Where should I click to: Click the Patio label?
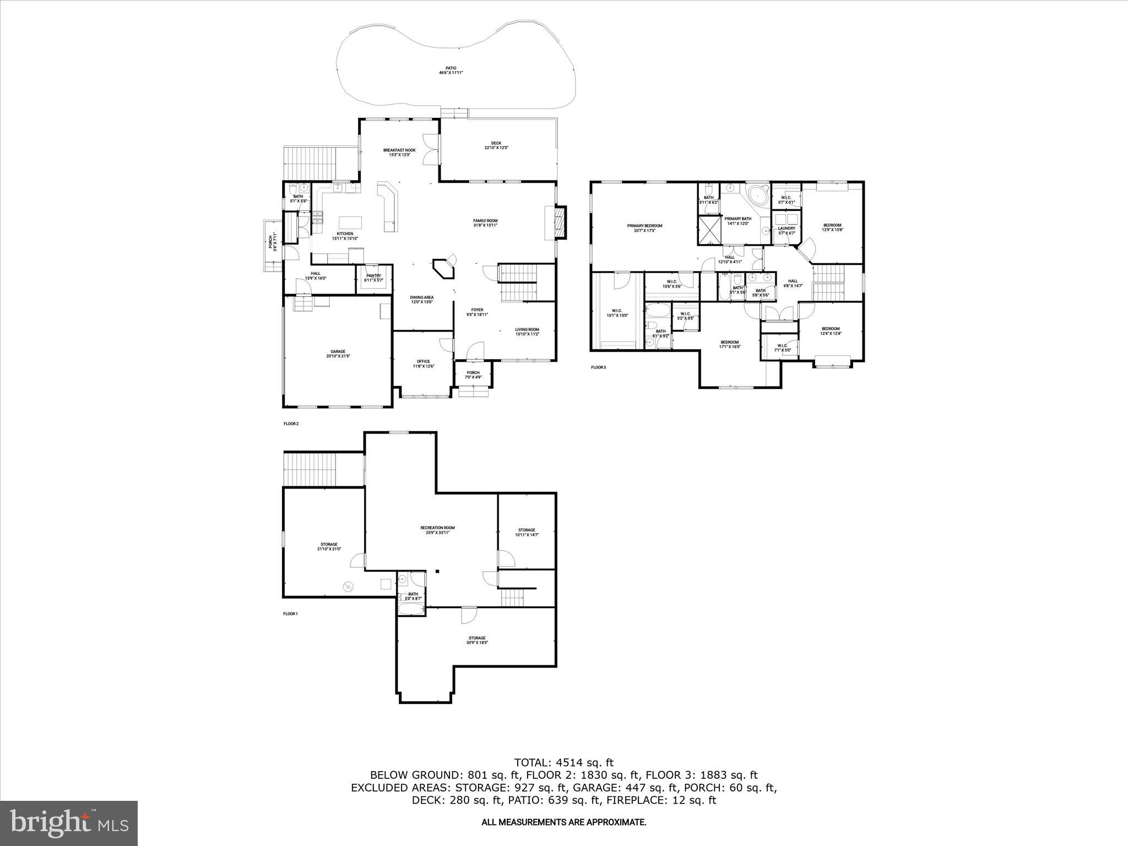point(451,70)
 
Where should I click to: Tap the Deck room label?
point(496,145)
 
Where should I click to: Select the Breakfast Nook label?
point(399,152)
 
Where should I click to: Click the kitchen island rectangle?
point(351,221)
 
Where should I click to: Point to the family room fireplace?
point(560,222)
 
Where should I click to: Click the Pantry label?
point(373,278)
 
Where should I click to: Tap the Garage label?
point(338,354)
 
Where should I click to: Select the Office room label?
point(423,364)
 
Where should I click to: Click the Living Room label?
point(527,332)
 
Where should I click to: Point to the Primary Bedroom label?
point(644,227)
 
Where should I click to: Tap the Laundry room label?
point(787,230)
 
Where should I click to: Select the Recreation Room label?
point(437,530)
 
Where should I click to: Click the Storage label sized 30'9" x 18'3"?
point(477,640)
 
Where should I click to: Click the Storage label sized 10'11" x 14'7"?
point(527,532)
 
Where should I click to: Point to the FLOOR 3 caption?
point(598,367)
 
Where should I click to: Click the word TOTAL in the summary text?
point(532,763)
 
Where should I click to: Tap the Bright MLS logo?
point(69,823)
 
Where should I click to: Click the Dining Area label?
point(421,299)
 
